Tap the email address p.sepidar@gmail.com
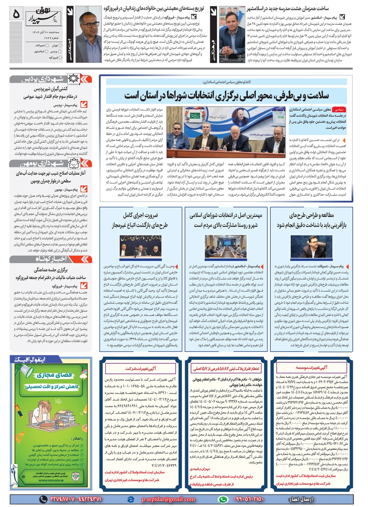click(x=168, y=499)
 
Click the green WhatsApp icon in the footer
click(x=223, y=499)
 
